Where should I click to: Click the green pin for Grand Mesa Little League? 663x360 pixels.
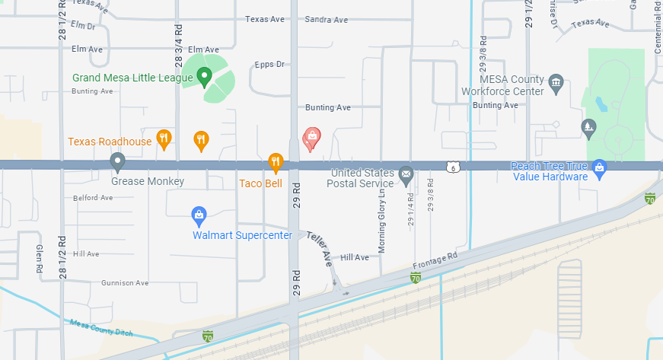(204, 75)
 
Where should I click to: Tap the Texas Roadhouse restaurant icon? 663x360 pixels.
(163, 138)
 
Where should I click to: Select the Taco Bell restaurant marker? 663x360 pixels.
(276, 161)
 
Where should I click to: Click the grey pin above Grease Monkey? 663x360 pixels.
(117, 161)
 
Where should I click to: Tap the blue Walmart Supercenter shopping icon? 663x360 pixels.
(199, 214)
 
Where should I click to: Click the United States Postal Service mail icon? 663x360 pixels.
(406, 175)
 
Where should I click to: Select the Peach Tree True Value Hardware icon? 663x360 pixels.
(599, 167)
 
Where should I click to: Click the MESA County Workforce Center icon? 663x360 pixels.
(556, 81)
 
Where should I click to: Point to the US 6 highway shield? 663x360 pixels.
(453, 167)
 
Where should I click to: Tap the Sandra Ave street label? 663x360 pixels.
(326, 20)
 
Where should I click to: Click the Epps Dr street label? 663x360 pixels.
(269, 65)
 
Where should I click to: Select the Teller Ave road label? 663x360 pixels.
(320, 248)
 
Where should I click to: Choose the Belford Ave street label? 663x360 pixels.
(93, 198)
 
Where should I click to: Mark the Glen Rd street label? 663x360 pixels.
(39, 259)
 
